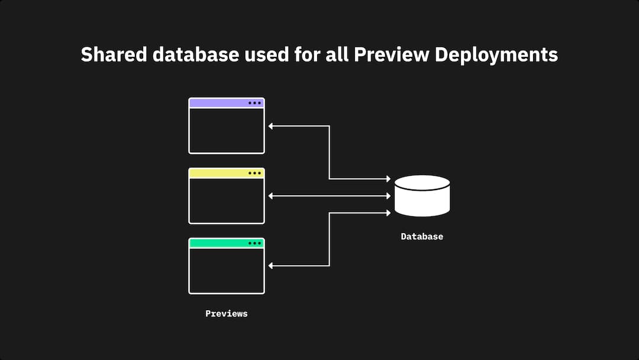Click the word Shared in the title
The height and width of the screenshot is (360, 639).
112,54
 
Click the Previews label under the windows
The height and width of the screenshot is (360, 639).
227,313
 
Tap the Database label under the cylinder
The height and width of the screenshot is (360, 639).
422,236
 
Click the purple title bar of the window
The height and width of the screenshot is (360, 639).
219,103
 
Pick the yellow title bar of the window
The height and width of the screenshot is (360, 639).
219,173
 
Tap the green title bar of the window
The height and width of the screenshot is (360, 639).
219,243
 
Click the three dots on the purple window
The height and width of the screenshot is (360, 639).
254,103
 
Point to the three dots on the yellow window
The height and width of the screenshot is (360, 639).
254,173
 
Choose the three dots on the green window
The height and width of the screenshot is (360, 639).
254,243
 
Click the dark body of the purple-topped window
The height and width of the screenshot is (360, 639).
227,130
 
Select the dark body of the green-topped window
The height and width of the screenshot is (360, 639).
227,270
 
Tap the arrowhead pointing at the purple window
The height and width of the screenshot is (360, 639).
271,126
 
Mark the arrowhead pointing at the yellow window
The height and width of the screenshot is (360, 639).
271,195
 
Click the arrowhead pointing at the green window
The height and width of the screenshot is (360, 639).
271,265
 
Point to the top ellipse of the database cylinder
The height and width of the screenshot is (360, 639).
422,182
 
